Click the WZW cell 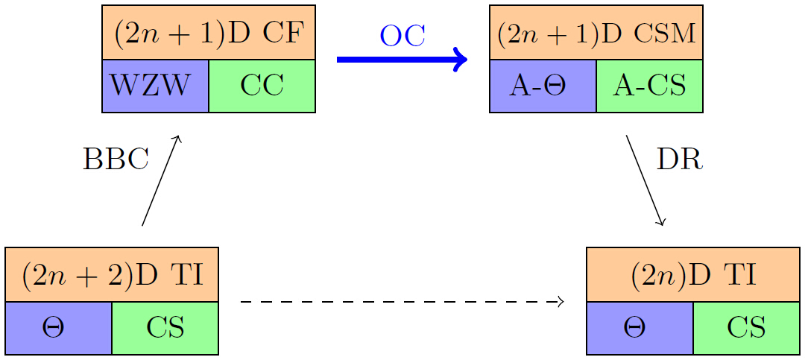pyautogui.click(x=155, y=86)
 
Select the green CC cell pyautogui.click(x=262, y=86)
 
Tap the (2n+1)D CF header pyautogui.click(x=209, y=33)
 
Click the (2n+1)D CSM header pyautogui.click(x=596, y=33)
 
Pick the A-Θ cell pyautogui.click(x=543, y=86)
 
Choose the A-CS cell pyautogui.click(x=649, y=86)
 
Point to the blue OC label pyautogui.click(x=402, y=35)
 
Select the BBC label pyautogui.click(x=116, y=159)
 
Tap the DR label pyautogui.click(x=679, y=159)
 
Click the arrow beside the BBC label pyautogui.click(x=160, y=180)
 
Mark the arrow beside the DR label pyautogui.click(x=645, y=180)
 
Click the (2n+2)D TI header pyautogui.click(x=112, y=275)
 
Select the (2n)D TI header pyautogui.click(x=693, y=275)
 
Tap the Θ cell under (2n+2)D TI pyautogui.click(x=58, y=328)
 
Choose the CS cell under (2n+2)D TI pyautogui.click(x=165, y=328)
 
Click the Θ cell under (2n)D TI pyautogui.click(x=640, y=328)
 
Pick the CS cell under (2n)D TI pyautogui.click(x=746, y=328)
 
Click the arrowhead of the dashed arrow pyautogui.click(x=558, y=302)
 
